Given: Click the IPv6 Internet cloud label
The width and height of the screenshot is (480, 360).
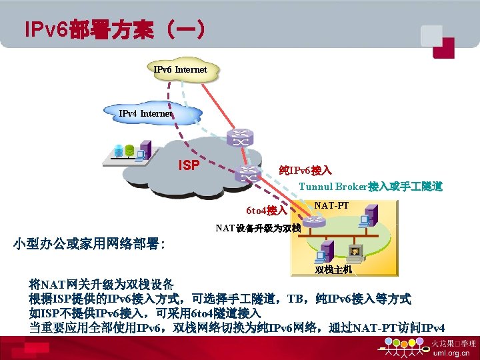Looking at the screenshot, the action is click(180, 69).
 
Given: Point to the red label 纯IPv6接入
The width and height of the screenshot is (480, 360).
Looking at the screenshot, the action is click(305, 171).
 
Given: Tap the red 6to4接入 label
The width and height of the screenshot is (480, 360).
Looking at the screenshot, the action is click(266, 211).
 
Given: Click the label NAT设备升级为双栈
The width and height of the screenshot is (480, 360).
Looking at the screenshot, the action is click(259, 228).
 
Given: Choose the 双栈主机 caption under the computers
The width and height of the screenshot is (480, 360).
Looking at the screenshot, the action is click(333, 269).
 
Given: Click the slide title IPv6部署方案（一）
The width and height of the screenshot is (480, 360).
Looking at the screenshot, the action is click(113, 31).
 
